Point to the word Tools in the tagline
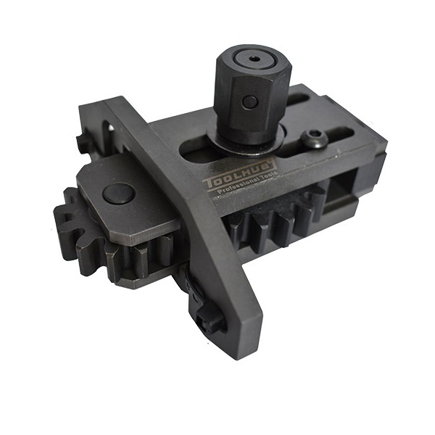(x=268, y=176)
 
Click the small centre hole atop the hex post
(x=254, y=59)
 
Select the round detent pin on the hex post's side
(x=249, y=101)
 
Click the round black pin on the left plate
(x=118, y=193)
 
